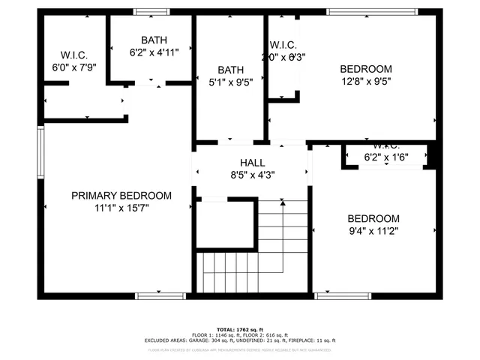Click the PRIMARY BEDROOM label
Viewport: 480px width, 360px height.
pyautogui.click(x=121, y=196)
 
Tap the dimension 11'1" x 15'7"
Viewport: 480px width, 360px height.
pyautogui.click(x=121, y=208)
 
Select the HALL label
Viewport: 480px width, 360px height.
pyautogui.click(x=252, y=163)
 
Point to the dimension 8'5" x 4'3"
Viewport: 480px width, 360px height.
pyautogui.click(x=252, y=175)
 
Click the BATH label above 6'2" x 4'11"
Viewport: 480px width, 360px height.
pyautogui.click(x=154, y=40)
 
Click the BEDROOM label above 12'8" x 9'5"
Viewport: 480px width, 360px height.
pyautogui.click(x=367, y=68)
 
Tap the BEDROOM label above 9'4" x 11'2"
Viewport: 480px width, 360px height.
pyautogui.click(x=373, y=218)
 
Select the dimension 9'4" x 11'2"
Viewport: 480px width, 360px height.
pyautogui.click(x=373, y=230)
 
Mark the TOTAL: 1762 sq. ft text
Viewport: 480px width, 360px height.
pyautogui.click(x=240, y=329)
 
